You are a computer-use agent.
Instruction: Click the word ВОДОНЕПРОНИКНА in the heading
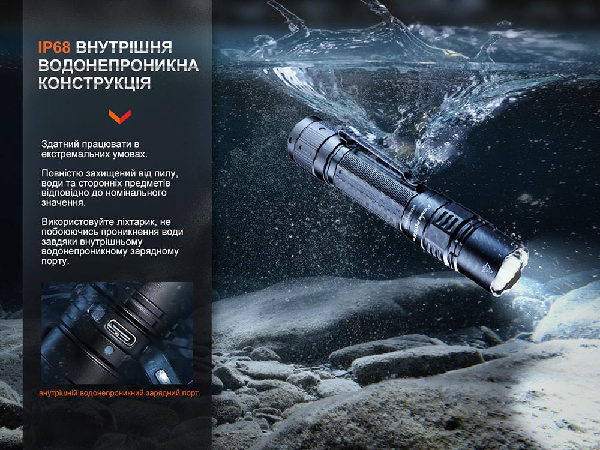click(118, 65)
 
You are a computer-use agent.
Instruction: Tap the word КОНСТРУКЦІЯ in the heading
click(94, 82)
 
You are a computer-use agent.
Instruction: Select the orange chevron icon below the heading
click(119, 115)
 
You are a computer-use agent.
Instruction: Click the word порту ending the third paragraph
click(55, 262)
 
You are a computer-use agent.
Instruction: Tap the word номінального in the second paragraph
click(138, 193)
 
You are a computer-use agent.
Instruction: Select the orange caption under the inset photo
click(119, 393)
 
